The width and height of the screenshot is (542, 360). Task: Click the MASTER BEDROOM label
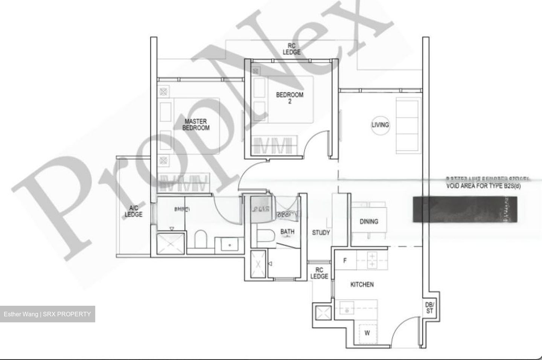click(196, 125)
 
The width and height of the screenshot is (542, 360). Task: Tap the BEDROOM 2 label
click(289, 98)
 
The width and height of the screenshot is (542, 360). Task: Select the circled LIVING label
click(380, 125)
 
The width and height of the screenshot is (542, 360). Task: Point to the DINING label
click(368, 221)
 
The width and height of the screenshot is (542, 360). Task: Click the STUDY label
click(321, 233)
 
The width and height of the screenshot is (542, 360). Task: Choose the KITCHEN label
click(362, 284)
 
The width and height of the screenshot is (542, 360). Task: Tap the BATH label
click(287, 232)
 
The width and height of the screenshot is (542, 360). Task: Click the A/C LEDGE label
click(134, 211)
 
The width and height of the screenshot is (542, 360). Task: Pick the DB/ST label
click(429, 308)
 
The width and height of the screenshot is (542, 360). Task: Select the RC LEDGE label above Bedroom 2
click(292, 49)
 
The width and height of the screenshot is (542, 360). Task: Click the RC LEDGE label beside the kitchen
click(319, 273)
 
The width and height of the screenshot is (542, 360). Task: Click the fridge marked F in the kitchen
click(345, 260)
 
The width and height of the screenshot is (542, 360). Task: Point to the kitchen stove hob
click(371, 260)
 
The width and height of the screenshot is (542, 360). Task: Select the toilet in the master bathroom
click(200, 240)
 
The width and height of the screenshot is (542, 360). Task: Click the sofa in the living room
click(407, 125)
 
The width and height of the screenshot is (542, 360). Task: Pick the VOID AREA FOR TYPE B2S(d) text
click(483, 186)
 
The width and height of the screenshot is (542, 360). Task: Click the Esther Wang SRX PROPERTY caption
click(47, 314)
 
